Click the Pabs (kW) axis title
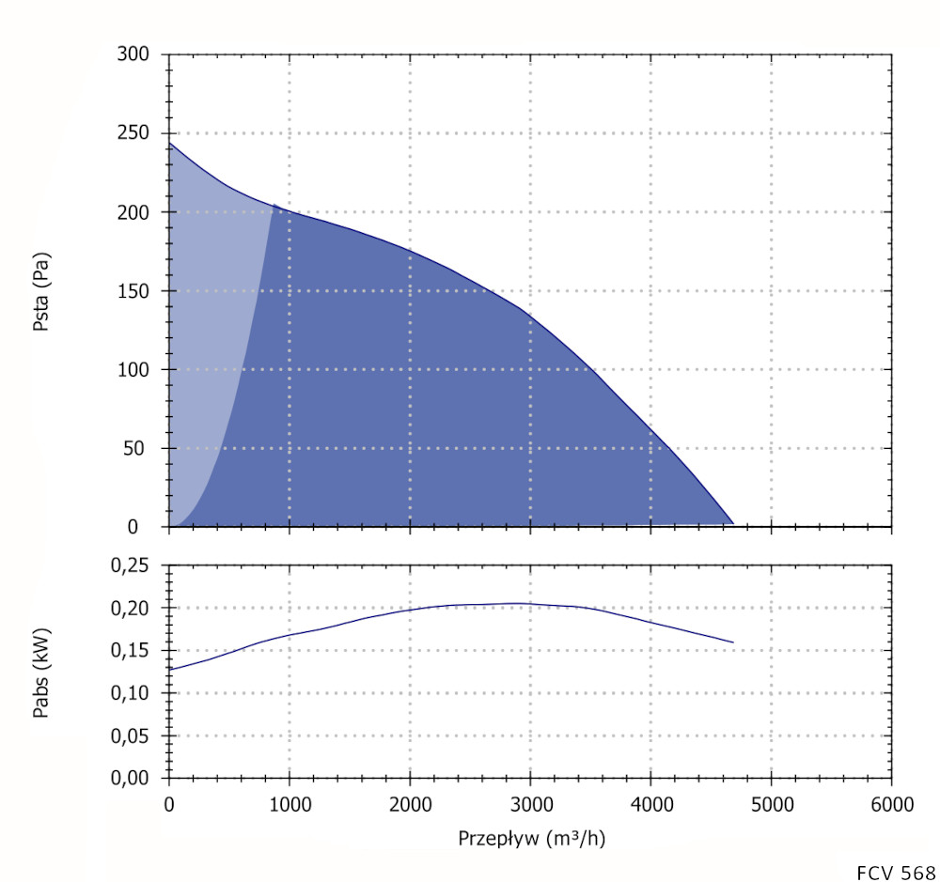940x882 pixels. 40,673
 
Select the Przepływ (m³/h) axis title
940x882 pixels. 531,837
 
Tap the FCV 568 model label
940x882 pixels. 896,871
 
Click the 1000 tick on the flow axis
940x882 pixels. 290,805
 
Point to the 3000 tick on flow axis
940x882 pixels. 530,805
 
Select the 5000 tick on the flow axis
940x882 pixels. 771,805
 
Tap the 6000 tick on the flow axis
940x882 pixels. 891,805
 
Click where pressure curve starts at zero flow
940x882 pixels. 169,144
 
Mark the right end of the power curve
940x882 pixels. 732,642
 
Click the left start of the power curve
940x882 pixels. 169,669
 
